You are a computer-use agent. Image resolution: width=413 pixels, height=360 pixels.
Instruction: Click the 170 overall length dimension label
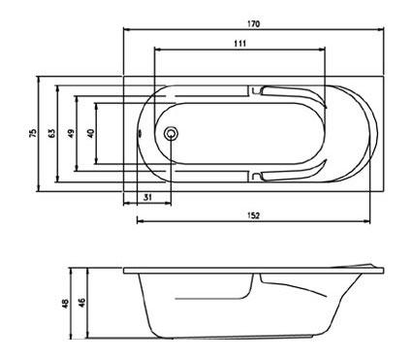[254, 24]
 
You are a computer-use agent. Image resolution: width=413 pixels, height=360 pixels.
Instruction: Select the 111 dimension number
[239, 44]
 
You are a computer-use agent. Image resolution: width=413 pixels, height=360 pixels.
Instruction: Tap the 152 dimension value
[254, 215]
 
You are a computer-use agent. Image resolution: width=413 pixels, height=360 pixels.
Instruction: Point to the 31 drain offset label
[147, 197]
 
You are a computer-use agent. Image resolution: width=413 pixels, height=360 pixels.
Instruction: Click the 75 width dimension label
[33, 133]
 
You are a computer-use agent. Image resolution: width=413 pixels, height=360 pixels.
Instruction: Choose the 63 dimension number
[51, 133]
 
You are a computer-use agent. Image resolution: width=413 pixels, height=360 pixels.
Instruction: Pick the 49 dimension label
[71, 133]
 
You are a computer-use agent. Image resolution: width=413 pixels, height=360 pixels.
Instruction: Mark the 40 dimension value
[91, 133]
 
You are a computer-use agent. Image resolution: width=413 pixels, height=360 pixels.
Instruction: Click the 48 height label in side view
[66, 303]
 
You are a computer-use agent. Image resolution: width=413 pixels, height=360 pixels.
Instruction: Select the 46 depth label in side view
[82, 303]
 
